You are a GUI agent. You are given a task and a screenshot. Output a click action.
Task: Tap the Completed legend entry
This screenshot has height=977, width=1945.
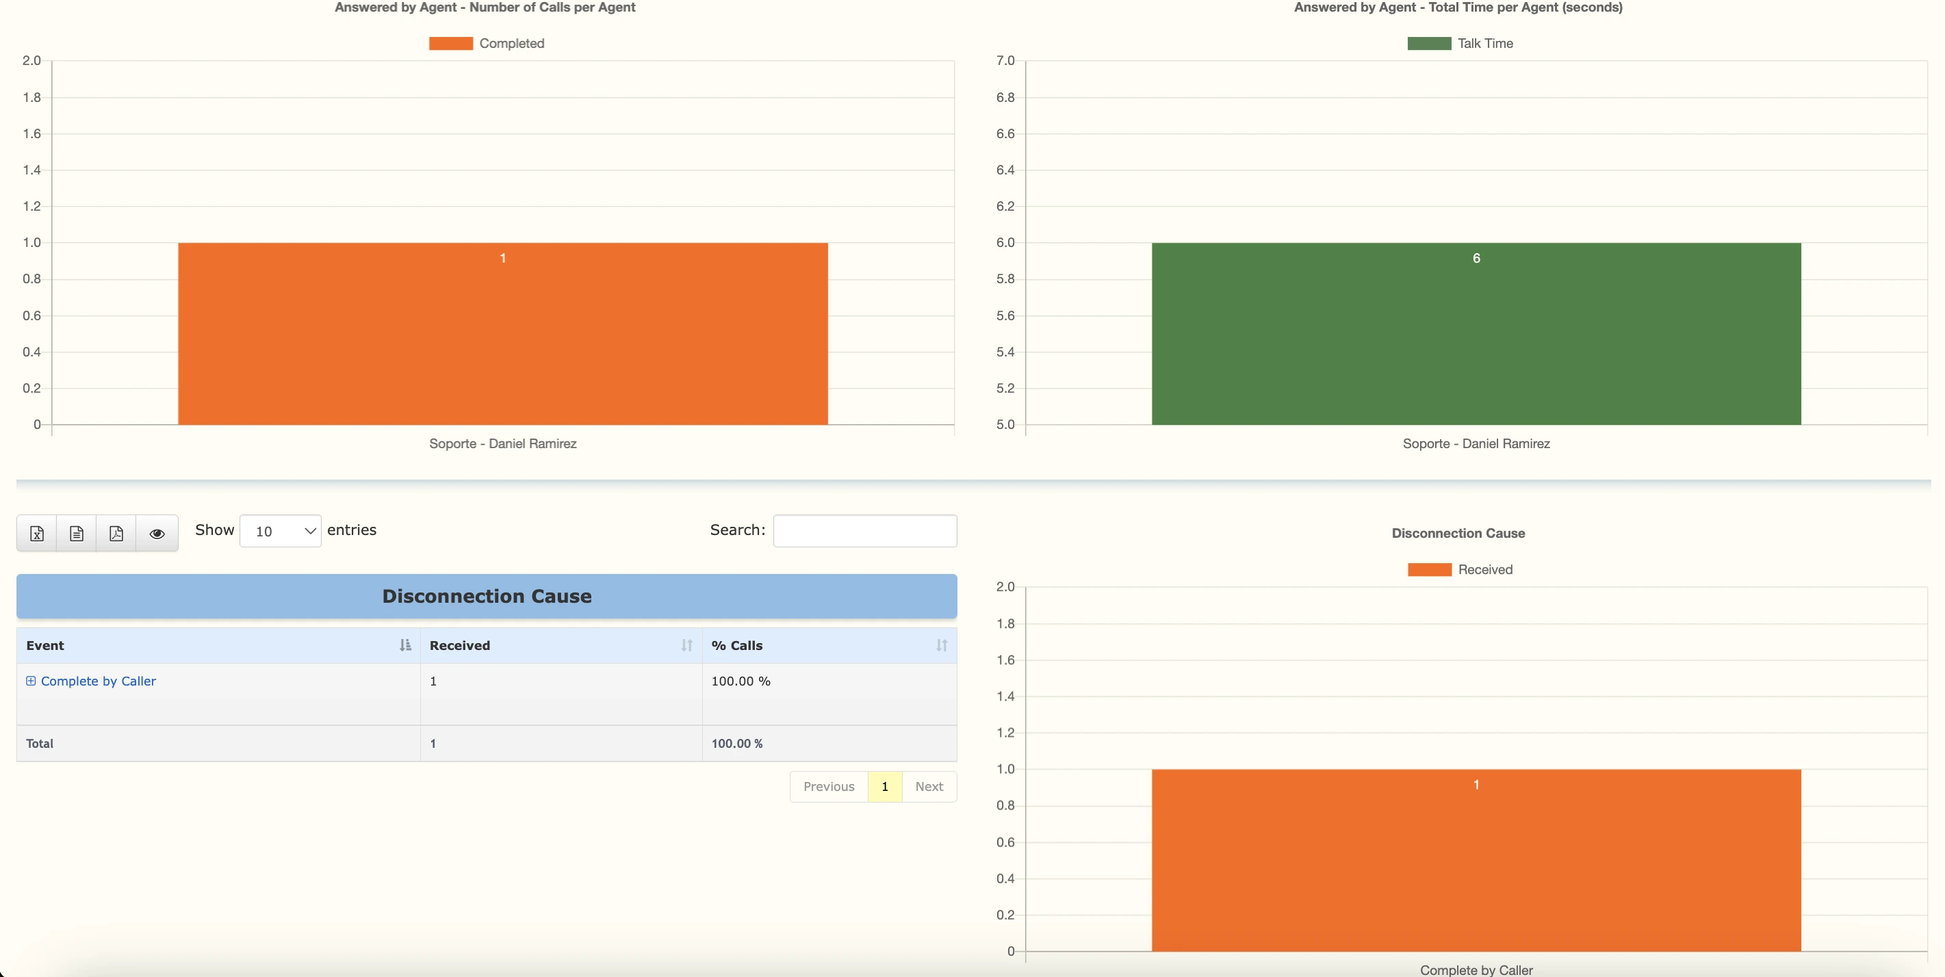[x=487, y=44]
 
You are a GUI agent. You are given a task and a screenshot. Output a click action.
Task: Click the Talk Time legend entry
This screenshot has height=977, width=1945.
[x=1460, y=44]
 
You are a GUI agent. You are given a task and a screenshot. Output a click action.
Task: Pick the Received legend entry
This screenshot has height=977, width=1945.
[x=1460, y=570]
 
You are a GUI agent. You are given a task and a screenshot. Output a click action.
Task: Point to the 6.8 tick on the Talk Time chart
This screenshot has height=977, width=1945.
[x=1005, y=97]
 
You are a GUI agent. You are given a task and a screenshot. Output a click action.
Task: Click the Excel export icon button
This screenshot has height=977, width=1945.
[x=37, y=534]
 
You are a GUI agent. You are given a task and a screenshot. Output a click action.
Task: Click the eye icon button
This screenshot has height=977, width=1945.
[x=157, y=534]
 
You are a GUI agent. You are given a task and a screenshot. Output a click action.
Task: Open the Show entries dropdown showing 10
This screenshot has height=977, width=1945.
[x=280, y=532]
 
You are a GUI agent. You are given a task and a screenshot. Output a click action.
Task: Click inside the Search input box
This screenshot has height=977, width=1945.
[x=864, y=531]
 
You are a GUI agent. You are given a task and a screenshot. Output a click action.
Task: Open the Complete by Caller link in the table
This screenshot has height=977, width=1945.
[x=98, y=681]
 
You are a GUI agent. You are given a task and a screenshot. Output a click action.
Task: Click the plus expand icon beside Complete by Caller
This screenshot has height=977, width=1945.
[x=31, y=681]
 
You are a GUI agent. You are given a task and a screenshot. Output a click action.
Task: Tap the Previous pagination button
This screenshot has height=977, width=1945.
[x=828, y=787]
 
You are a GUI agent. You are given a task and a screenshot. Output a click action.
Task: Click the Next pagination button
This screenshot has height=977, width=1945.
[x=929, y=787]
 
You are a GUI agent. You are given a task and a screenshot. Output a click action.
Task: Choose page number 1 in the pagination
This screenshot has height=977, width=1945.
[x=884, y=787]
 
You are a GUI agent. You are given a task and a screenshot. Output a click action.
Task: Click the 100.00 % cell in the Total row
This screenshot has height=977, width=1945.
[x=737, y=744]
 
